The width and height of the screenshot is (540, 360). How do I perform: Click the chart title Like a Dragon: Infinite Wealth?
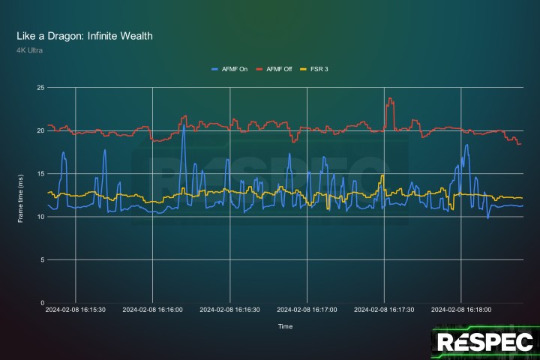85,36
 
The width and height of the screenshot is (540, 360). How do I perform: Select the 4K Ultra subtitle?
31,50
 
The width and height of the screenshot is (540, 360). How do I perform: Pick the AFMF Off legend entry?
276,69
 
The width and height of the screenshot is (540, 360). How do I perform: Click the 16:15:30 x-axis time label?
75,309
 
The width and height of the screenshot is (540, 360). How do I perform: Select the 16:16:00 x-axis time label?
153,309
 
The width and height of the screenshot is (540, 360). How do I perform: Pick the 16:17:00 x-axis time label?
307,309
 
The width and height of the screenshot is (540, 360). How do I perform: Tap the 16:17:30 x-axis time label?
384,309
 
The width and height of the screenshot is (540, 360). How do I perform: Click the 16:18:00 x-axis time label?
461,309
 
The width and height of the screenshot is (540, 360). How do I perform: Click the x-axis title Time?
285,327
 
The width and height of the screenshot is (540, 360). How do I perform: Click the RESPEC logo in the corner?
485,342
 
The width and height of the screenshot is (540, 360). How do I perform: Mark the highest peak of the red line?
389,98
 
